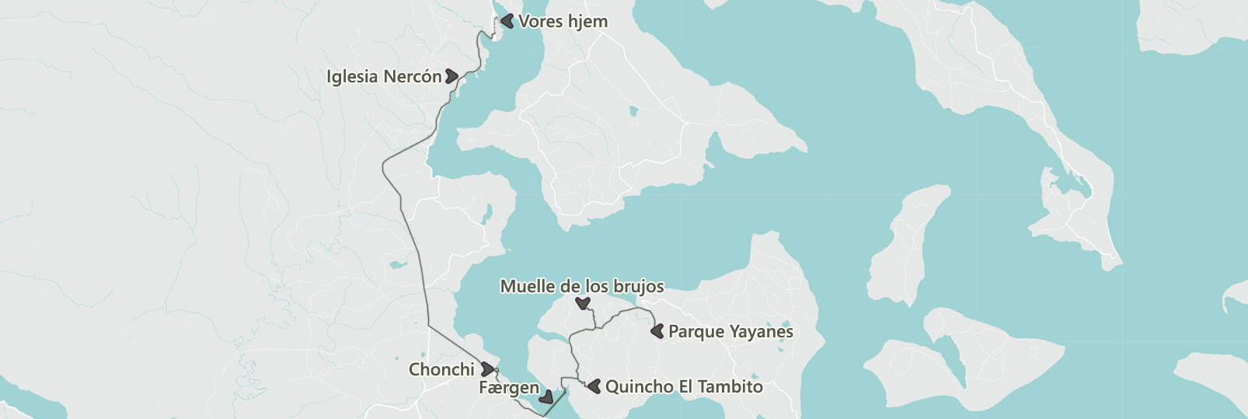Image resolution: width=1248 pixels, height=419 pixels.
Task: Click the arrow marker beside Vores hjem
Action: pyautogui.click(x=507, y=21)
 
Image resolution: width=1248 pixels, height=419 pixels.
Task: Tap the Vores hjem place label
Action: pyautogui.click(x=563, y=22)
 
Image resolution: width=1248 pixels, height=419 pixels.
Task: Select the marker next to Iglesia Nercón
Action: pyautogui.click(x=451, y=76)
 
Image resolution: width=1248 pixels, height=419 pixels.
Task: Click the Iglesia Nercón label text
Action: pyautogui.click(x=384, y=77)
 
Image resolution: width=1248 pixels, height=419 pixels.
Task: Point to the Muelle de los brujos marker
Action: pyautogui.click(x=582, y=303)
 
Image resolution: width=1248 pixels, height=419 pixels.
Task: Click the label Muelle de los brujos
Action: pyautogui.click(x=581, y=286)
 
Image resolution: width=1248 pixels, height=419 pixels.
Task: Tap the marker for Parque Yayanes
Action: pyautogui.click(x=657, y=331)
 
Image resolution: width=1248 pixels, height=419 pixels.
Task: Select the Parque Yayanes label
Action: pyautogui.click(x=730, y=332)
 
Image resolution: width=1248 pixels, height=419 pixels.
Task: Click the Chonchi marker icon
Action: pyautogui.click(x=487, y=369)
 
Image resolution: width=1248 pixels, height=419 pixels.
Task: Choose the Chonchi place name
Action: pyautogui.click(x=441, y=370)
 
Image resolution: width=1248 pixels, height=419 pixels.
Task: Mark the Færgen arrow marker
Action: pyautogui.click(x=546, y=397)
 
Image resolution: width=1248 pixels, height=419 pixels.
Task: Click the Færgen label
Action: pyautogui.click(x=509, y=388)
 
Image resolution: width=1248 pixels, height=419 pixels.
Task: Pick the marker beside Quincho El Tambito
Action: pyautogui.click(x=594, y=386)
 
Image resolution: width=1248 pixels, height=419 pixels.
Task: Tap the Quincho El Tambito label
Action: pyautogui.click(x=684, y=386)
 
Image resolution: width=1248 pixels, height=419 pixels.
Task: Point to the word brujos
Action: pyautogui.click(x=639, y=287)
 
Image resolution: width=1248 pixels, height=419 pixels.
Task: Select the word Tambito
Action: pyautogui.click(x=730, y=386)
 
